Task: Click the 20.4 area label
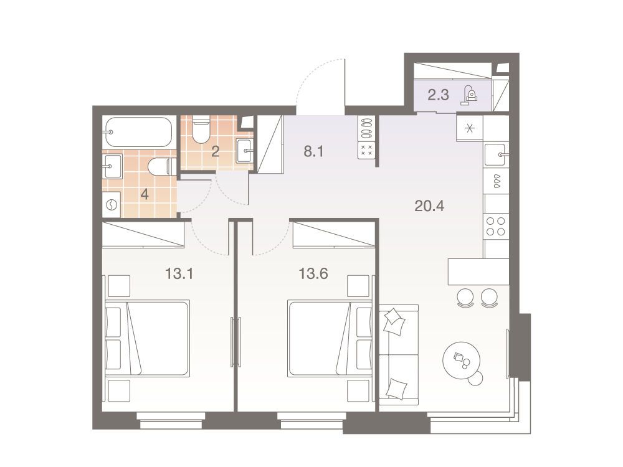429,206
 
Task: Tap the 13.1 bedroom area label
179,273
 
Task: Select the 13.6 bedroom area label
313,273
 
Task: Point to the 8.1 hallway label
314,151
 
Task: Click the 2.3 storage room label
438,95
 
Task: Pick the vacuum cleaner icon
469,95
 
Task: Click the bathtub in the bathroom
138,132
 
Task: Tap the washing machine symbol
112,205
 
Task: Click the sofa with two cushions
399,355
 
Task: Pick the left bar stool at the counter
465,297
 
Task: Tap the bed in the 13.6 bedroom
331,338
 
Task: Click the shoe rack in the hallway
366,138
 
